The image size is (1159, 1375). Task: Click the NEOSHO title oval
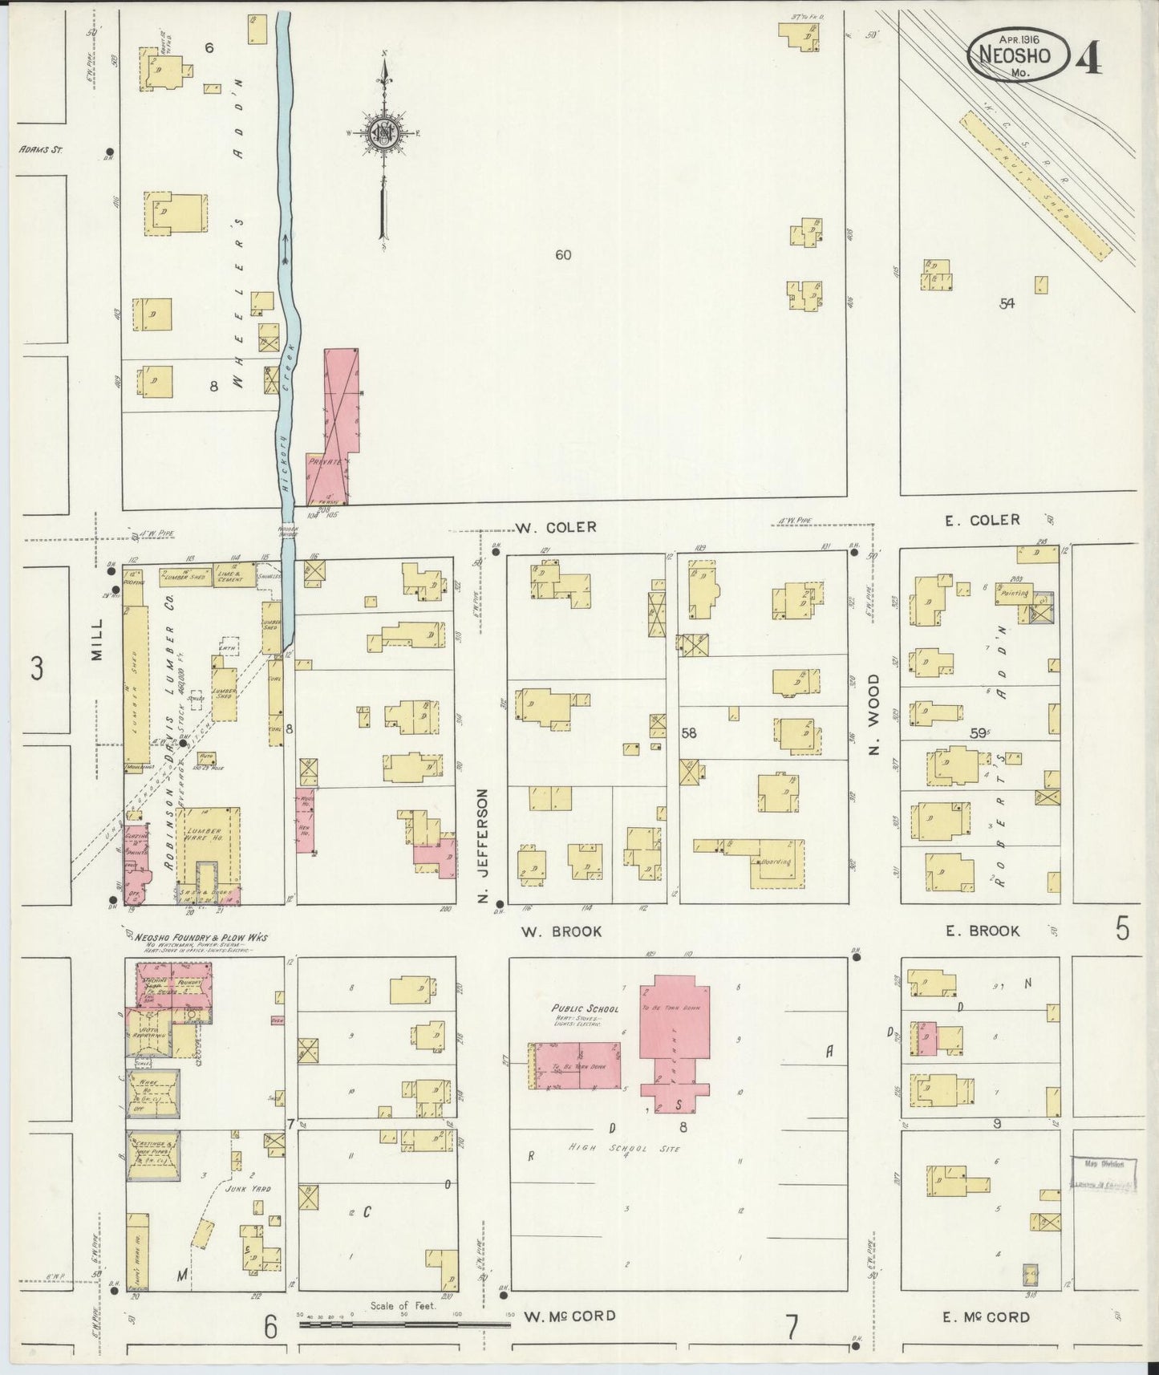pyautogui.click(x=1019, y=55)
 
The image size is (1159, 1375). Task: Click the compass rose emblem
pyautogui.click(x=386, y=133)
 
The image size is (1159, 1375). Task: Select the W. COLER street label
pyautogui.click(x=556, y=527)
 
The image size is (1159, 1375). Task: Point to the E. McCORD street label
pyautogui.click(x=986, y=1316)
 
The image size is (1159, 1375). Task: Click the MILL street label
pyautogui.click(x=98, y=639)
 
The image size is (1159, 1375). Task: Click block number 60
pyautogui.click(x=563, y=255)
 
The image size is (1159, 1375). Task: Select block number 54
pyautogui.click(x=1007, y=303)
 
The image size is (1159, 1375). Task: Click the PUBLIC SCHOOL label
pyautogui.click(x=585, y=1008)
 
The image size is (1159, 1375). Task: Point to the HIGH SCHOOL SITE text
pyautogui.click(x=624, y=1149)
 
